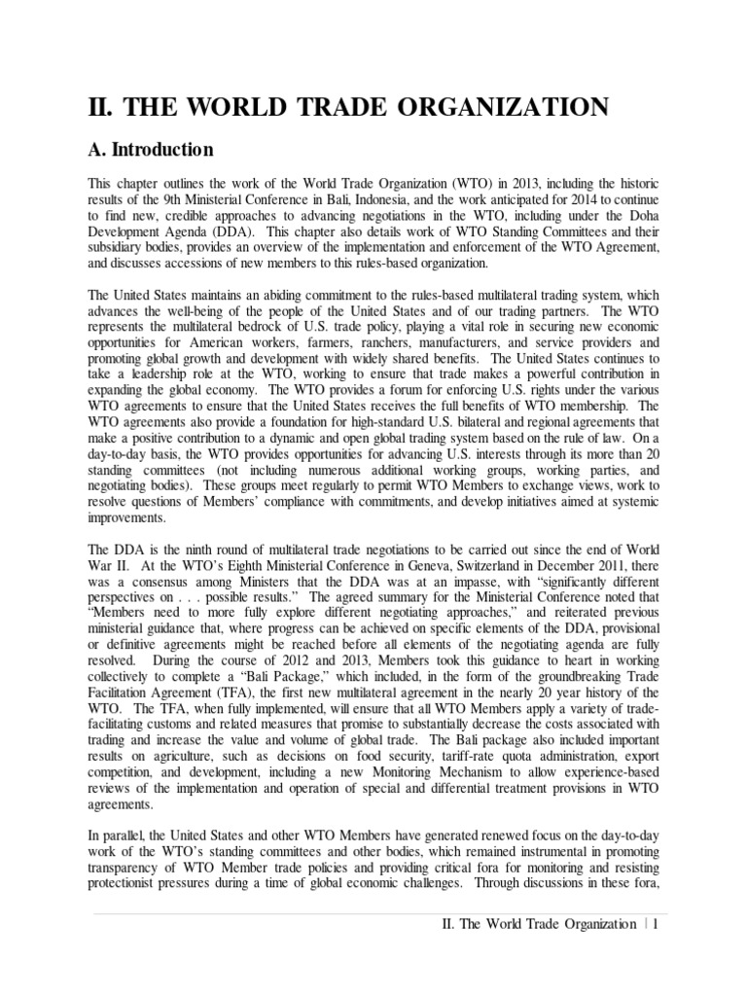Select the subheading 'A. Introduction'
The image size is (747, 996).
151,150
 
